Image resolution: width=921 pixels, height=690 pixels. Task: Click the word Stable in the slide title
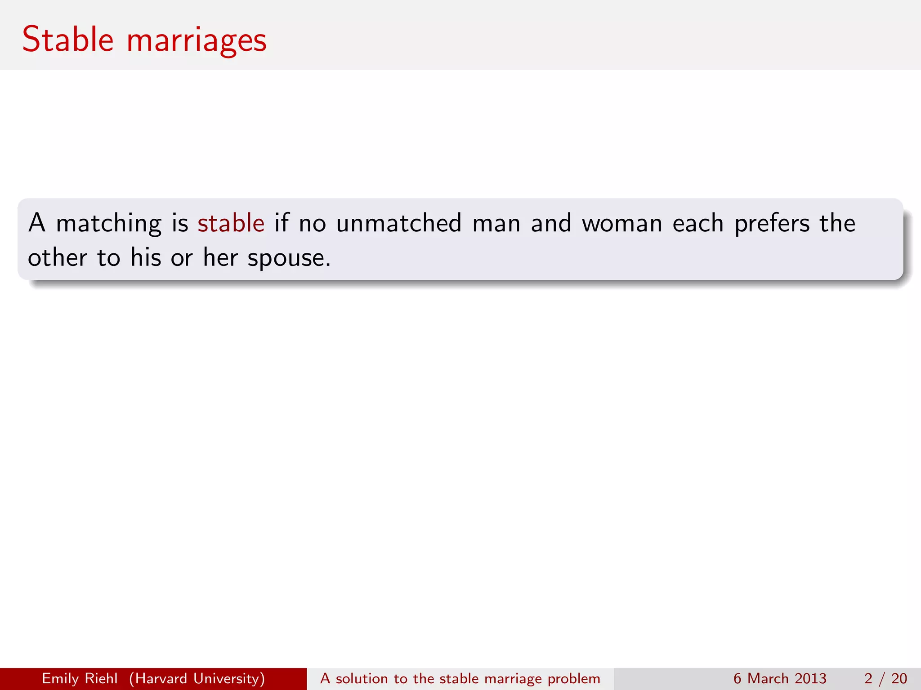pyautogui.click(x=68, y=40)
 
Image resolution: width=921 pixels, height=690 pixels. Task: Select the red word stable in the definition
pyautogui.click(x=231, y=223)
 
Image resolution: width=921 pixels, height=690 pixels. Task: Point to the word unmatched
pyautogui.click(x=399, y=223)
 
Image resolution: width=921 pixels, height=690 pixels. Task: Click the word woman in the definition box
pyautogui.click(x=622, y=223)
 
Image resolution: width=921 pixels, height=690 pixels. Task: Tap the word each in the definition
pyautogui.click(x=698, y=223)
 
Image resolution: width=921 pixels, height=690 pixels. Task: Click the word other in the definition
pyautogui.click(x=58, y=258)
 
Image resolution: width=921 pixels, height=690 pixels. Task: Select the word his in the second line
pyautogui.click(x=146, y=258)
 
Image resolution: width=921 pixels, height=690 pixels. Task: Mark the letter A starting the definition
pyautogui.click(x=37, y=223)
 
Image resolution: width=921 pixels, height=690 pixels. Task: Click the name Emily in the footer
pyautogui.click(x=60, y=678)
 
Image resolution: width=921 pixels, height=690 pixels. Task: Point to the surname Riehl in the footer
pyautogui.click(x=101, y=678)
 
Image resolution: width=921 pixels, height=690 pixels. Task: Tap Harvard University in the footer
pyautogui.click(x=197, y=678)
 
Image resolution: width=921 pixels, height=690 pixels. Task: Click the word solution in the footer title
pyautogui.click(x=362, y=678)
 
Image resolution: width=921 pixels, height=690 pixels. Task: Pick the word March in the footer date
pyautogui.click(x=768, y=678)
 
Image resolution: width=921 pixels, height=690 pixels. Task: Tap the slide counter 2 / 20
pyautogui.click(x=885, y=678)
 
